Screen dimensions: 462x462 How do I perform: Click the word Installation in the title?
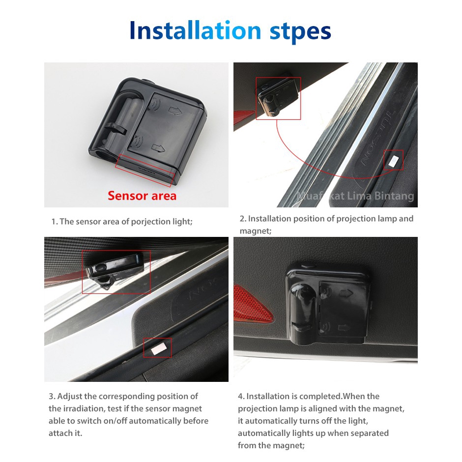coord(195,30)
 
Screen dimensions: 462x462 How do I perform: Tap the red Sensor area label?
coord(142,196)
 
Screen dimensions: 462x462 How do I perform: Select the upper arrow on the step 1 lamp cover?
coord(175,111)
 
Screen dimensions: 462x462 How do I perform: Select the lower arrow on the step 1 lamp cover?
coord(158,148)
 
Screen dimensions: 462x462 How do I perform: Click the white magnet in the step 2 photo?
coord(393,161)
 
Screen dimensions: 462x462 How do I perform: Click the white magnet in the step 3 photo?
coord(158,348)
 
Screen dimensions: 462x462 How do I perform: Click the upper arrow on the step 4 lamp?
coord(346,293)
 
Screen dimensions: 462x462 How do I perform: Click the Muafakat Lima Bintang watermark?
coord(355,196)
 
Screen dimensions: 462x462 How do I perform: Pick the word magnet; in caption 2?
coord(256,231)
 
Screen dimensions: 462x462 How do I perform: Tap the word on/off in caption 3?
coord(115,421)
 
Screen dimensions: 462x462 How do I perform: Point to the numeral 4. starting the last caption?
coord(241,396)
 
